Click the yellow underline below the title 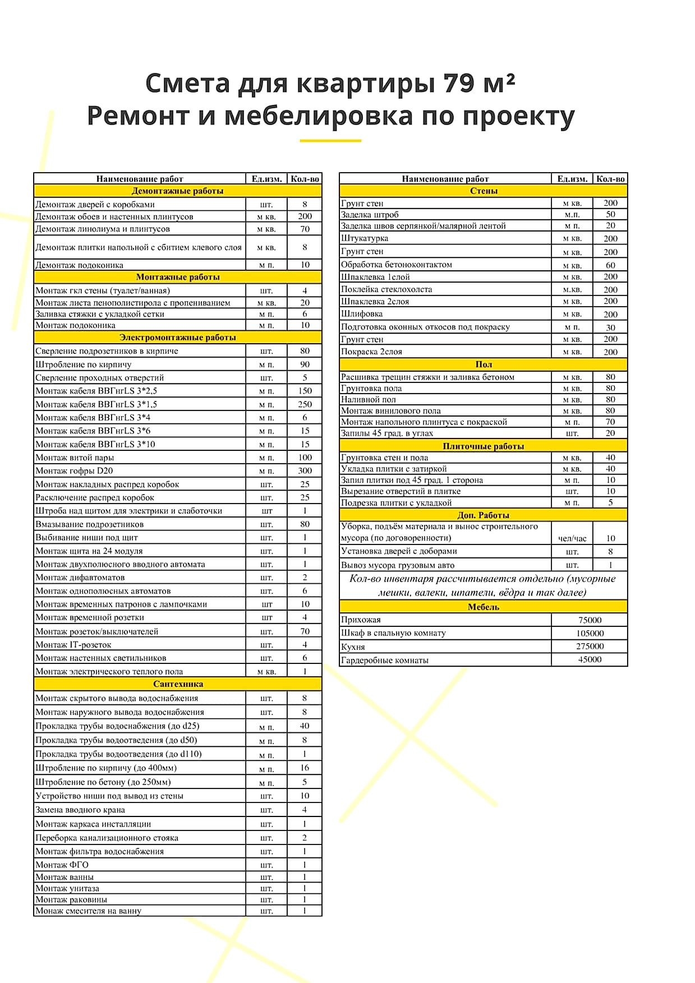(330, 140)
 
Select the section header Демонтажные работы (177, 191)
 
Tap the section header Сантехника (178, 684)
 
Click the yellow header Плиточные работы (483, 446)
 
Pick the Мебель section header (483, 607)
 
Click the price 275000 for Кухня (590, 647)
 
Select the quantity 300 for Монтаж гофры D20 (305, 471)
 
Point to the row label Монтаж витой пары (75, 458)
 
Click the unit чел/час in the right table (572, 538)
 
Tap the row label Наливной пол (369, 400)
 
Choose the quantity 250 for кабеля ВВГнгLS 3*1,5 (305, 404)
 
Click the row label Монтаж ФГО (62, 865)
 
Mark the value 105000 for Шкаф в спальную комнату (590, 633)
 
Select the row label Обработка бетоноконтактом (397, 265)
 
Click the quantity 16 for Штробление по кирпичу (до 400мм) (305, 768)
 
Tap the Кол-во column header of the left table (305, 179)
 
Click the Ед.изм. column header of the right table (572, 179)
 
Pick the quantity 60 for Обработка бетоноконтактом (610, 265)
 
